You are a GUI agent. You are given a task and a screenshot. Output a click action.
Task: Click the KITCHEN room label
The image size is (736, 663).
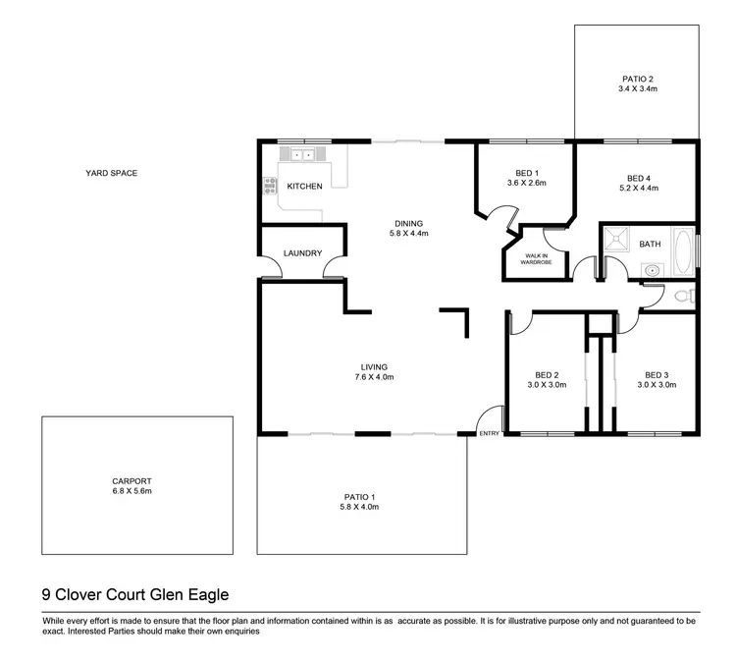[x=304, y=186]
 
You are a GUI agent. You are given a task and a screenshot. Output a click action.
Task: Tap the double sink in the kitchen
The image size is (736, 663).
[x=300, y=154]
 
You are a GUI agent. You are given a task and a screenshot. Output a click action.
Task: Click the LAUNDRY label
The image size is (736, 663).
[x=302, y=253]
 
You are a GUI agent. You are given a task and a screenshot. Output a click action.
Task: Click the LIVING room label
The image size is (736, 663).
[x=372, y=366]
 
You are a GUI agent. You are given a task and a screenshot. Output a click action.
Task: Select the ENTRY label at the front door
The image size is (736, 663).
[x=489, y=433]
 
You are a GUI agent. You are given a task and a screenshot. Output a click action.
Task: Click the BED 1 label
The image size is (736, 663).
[x=525, y=173]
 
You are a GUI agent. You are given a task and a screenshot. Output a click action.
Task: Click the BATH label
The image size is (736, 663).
[x=650, y=244]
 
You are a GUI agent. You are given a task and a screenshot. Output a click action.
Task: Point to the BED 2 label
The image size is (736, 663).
[x=547, y=374]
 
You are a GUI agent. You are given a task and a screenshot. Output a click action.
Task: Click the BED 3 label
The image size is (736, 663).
[x=657, y=374]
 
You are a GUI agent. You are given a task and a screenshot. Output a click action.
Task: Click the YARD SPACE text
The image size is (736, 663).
[x=111, y=173]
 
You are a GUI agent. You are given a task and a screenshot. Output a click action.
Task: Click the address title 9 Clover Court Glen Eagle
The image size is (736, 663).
[x=135, y=593]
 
